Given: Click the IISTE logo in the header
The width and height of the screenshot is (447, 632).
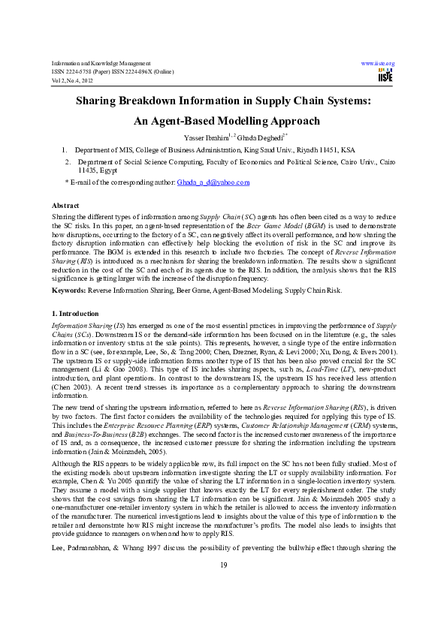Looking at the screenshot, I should (384, 75).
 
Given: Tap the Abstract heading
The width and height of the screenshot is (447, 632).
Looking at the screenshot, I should (65, 205).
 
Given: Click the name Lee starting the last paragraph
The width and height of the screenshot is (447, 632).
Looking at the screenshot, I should (57, 560).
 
